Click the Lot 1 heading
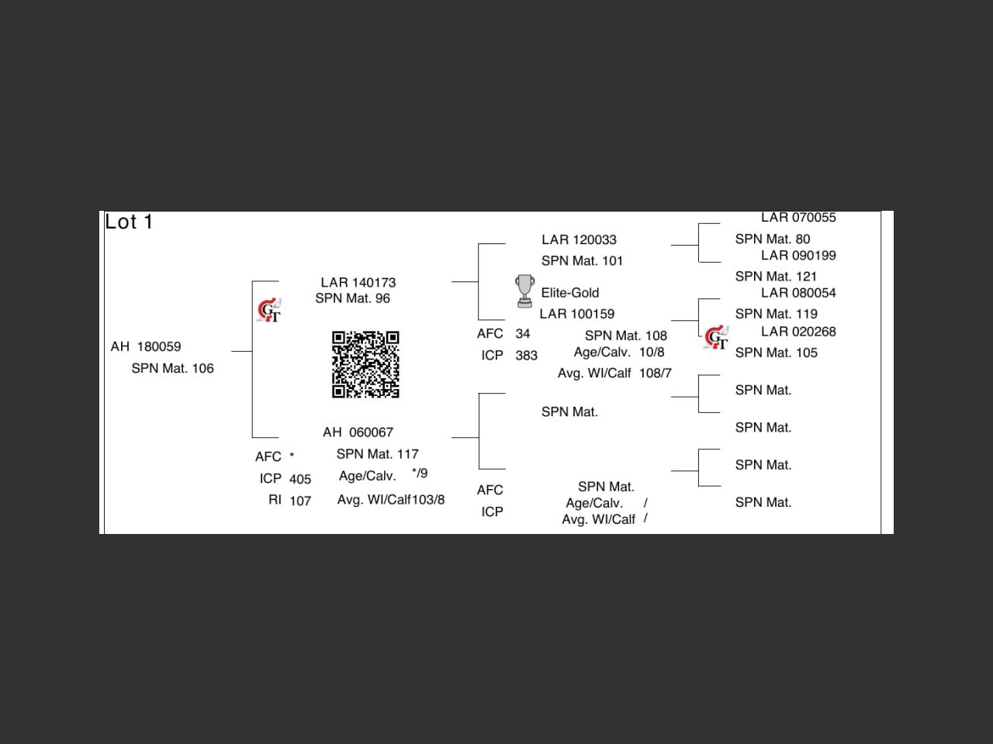point(129,222)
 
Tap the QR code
point(365,364)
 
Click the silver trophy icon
point(524,291)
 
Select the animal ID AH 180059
point(146,346)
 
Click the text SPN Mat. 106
point(172,368)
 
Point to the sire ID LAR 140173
point(358,282)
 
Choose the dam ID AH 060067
point(358,432)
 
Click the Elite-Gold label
point(570,293)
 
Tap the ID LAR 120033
point(579,239)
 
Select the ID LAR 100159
point(576,314)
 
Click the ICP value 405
point(300,479)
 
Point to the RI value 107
point(300,501)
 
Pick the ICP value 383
point(526,356)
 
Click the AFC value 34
point(522,334)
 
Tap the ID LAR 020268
point(798,332)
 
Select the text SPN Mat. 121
point(776,277)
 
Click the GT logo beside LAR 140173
point(269,311)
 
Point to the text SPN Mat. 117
point(377,454)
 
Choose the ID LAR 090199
point(798,256)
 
